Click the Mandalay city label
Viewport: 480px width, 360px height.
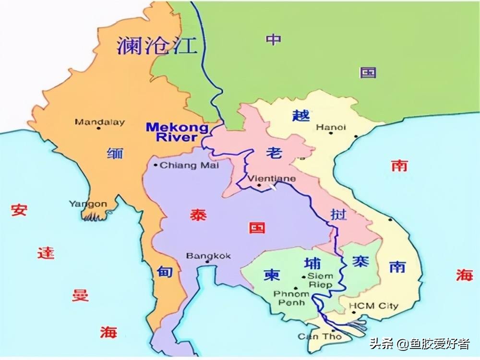[x=100, y=122]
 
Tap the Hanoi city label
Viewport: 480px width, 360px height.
[x=331, y=127]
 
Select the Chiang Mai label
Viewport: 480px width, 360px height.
[x=189, y=165]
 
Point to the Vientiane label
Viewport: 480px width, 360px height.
[x=272, y=179]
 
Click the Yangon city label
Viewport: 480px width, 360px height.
[x=88, y=204]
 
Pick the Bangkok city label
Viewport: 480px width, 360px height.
[x=208, y=256]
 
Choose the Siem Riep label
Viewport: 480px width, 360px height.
[x=320, y=280]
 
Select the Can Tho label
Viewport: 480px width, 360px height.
[x=319, y=336]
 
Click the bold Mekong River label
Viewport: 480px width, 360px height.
[x=177, y=132]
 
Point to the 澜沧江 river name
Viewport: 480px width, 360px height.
[x=157, y=46]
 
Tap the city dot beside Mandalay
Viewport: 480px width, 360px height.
[x=98, y=128]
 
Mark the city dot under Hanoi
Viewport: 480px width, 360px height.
[x=331, y=133]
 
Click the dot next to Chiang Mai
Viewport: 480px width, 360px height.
[x=156, y=166]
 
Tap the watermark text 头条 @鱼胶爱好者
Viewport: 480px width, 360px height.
[x=419, y=344]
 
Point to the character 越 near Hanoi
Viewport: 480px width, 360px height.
[x=301, y=115]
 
